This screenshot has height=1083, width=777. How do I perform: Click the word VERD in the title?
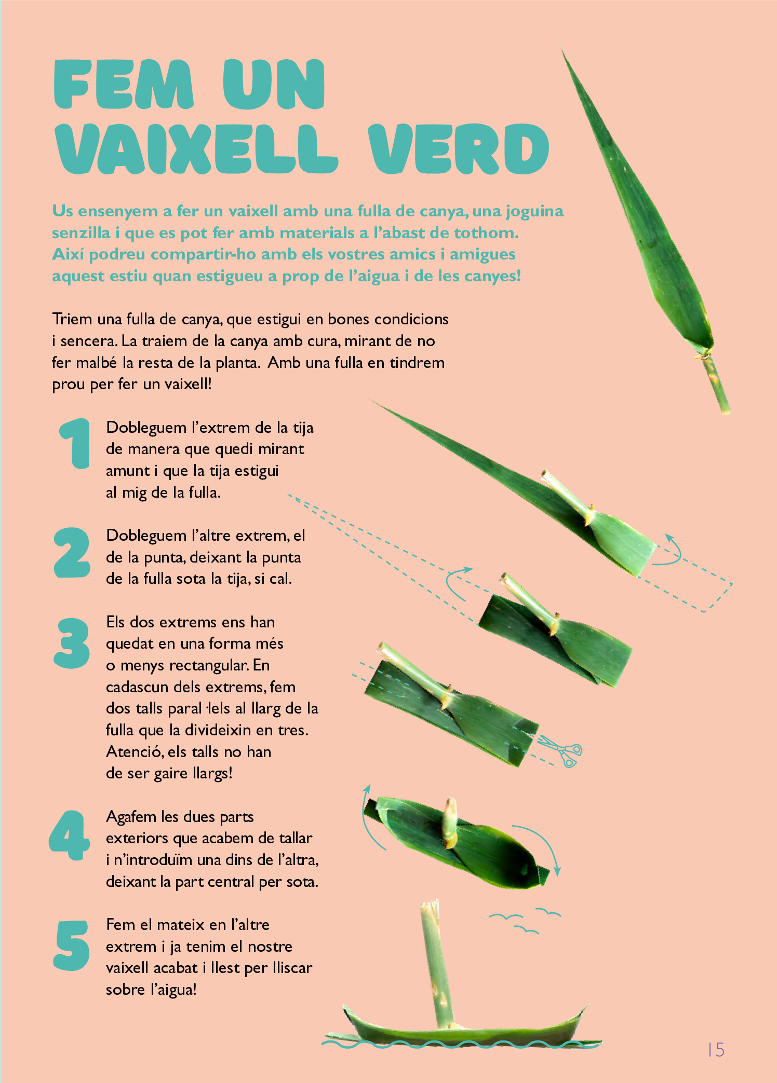(458, 149)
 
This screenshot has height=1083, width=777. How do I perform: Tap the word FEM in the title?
(124, 84)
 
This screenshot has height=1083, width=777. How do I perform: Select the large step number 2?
(72, 552)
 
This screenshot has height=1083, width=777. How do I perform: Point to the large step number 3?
(72, 643)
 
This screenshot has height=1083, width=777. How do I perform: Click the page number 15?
(716, 1050)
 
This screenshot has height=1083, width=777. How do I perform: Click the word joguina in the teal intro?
(534, 212)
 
